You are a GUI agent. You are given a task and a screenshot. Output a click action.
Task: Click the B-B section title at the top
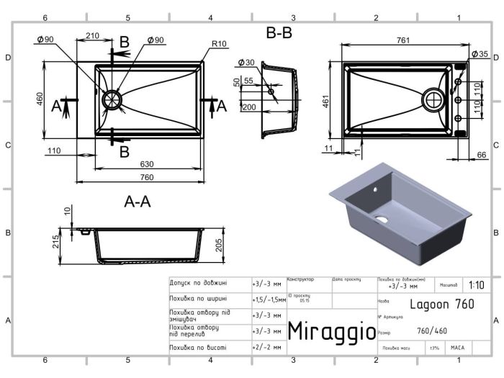tap(279, 33)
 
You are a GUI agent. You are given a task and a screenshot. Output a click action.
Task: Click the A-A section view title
tap(136, 202)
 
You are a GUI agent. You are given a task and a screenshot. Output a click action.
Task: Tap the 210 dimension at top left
tap(92, 36)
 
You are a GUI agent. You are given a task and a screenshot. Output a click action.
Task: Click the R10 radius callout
tap(219, 44)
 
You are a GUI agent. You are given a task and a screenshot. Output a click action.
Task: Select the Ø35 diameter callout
tap(480, 54)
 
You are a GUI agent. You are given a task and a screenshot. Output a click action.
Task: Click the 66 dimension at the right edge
tap(482, 155)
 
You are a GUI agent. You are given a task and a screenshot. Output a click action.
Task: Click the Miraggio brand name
tap(331, 331)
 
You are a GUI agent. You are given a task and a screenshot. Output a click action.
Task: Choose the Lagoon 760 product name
tap(442, 304)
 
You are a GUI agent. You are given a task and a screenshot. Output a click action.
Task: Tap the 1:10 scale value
tap(476, 284)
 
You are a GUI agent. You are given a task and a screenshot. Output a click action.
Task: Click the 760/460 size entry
tap(431, 331)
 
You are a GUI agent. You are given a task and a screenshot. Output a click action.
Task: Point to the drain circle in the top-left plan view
tap(112, 100)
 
